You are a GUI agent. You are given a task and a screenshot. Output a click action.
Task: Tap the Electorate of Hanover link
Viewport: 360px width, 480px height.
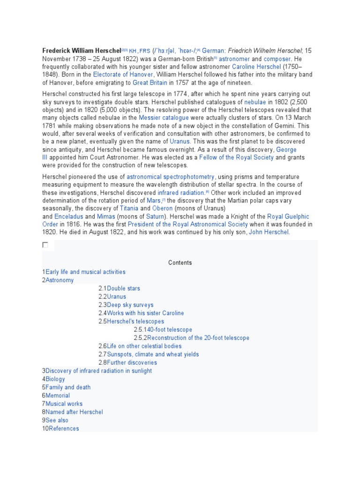pyautogui.click(x=123, y=75)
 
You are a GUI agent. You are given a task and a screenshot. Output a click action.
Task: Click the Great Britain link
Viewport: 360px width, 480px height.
pyautogui.click(x=150, y=82)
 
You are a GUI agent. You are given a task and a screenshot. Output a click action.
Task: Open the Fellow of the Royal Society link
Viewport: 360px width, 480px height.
pyautogui.click(x=236, y=157)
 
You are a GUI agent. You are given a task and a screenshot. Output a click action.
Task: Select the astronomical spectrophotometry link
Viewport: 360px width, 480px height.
pyautogui.click(x=171, y=177)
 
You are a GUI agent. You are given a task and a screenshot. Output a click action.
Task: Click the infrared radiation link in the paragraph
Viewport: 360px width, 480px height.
pyautogui.click(x=181, y=193)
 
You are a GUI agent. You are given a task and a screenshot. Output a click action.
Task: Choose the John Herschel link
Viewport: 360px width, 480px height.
pyautogui.click(x=269, y=232)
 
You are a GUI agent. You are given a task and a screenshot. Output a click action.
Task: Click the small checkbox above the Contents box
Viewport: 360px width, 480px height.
pyautogui.click(x=45, y=245)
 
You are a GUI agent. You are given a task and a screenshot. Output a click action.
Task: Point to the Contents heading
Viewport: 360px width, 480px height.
pyautogui.click(x=180, y=262)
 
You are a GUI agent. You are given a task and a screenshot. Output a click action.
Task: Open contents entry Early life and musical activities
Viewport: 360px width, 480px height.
pyautogui.click(x=85, y=272)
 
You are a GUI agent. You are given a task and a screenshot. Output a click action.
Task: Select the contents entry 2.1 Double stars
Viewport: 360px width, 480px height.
pyautogui.click(x=123, y=288)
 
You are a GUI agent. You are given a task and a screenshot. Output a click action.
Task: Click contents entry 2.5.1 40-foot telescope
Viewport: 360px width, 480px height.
pyautogui.click(x=170, y=330)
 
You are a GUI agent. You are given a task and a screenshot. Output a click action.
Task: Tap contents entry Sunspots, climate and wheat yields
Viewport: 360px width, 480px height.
pyautogui.click(x=153, y=354)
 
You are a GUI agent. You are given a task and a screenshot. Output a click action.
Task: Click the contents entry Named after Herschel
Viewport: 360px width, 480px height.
pyautogui.click(x=74, y=412)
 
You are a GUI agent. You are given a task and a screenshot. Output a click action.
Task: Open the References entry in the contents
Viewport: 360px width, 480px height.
pyautogui.click(x=64, y=428)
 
